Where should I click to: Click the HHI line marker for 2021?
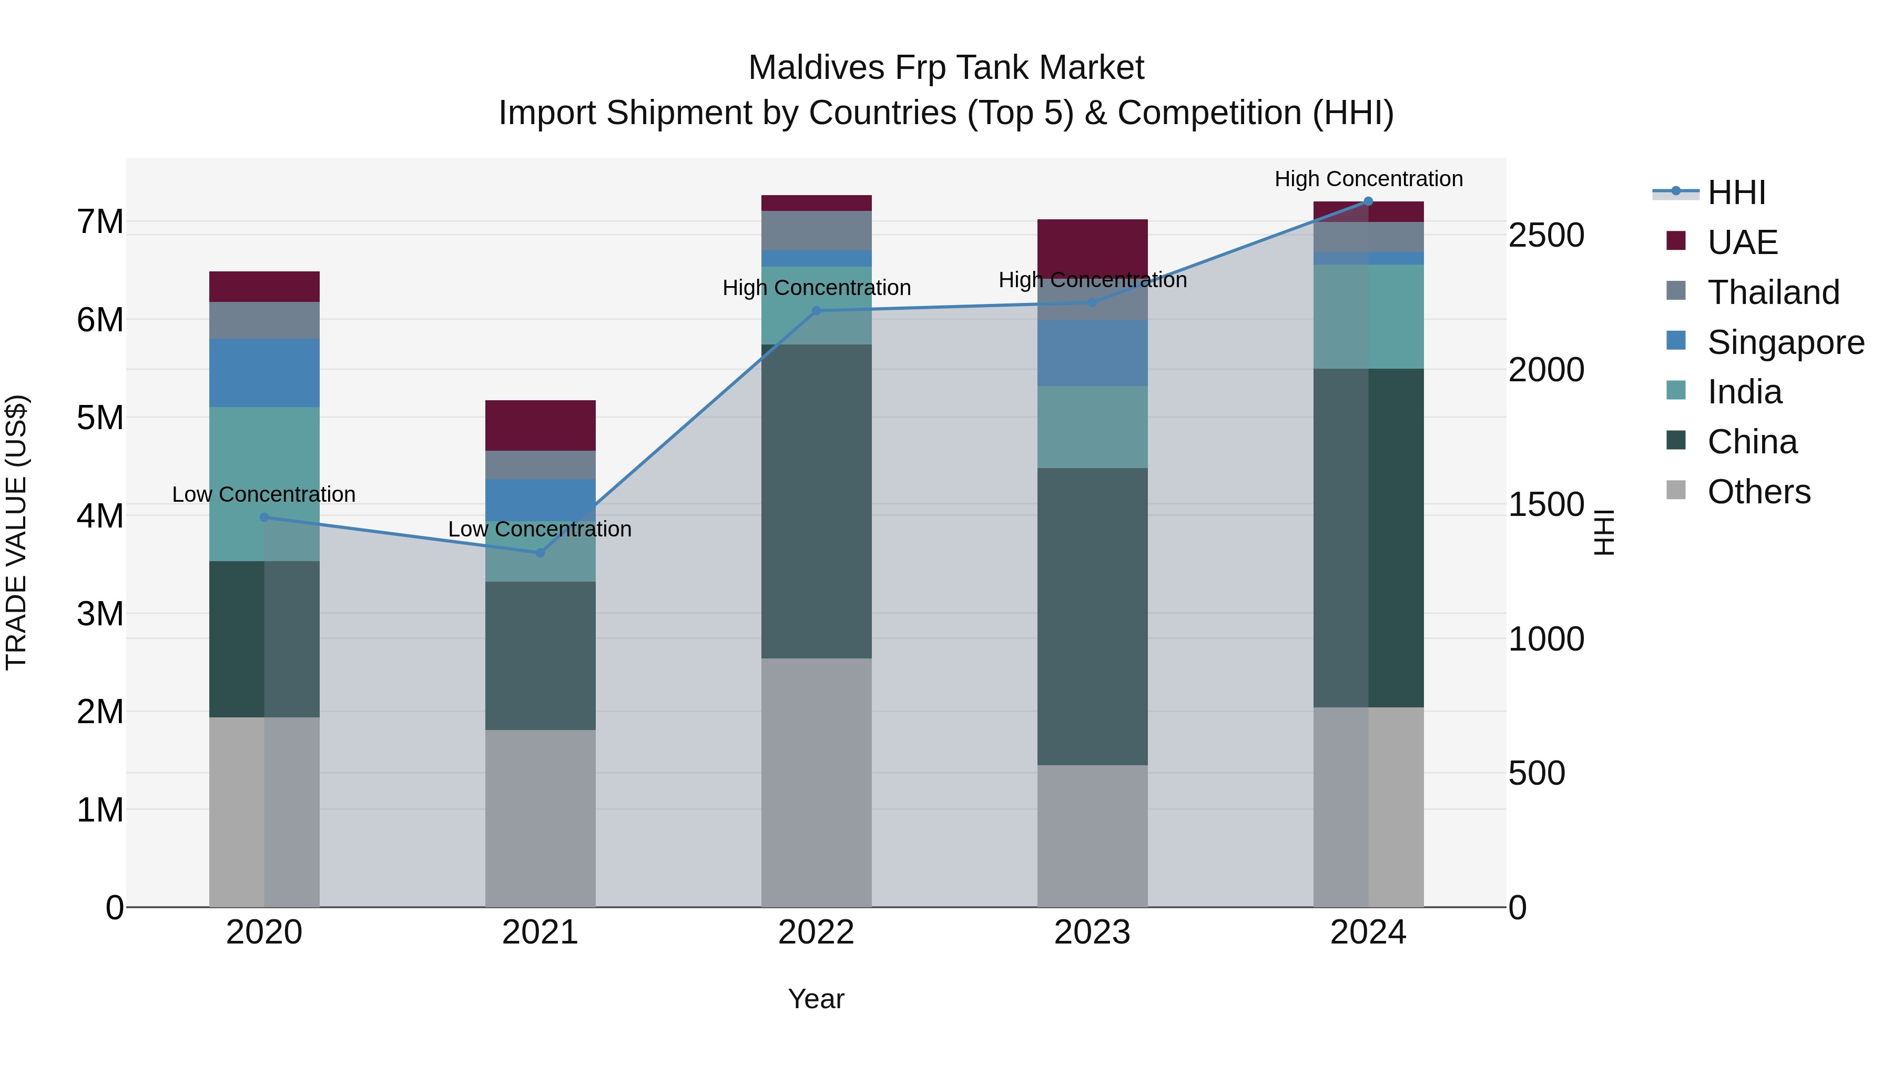(540, 553)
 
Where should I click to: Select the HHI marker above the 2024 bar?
(1368, 201)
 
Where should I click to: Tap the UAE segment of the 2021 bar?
(540, 425)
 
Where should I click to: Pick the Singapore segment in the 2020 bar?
(264, 373)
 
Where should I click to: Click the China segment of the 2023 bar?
(1092, 616)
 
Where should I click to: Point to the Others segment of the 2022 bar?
(816, 782)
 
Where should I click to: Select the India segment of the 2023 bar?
(1092, 427)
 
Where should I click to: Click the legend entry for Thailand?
(1773, 292)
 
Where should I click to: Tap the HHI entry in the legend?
(1736, 192)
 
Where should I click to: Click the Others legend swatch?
(1676, 490)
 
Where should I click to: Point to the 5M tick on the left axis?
(100, 418)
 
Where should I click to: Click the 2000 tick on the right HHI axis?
(1546, 370)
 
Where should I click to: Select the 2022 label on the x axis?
(816, 932)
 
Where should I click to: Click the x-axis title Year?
(816, 999)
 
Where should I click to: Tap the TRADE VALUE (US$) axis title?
(17, 532)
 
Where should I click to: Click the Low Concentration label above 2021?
(540, 529)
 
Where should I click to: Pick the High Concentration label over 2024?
(1368, 179)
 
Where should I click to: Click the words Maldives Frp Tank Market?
(946, 68)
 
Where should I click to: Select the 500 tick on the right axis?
(1536, 773)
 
